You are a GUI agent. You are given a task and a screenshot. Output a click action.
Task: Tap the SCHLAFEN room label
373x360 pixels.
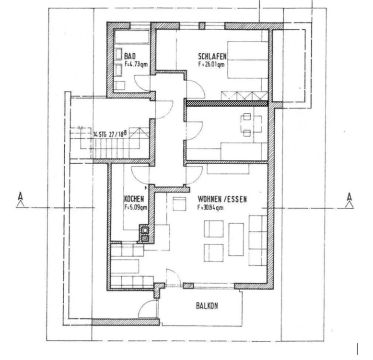[x=212, y=56]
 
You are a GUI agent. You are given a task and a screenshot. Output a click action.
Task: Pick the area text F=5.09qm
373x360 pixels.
[x=136, y=207]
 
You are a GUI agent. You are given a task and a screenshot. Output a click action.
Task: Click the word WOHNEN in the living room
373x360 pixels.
[x=210, y=199]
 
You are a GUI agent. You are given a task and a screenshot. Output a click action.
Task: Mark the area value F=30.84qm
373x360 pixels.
[x=210, y=207]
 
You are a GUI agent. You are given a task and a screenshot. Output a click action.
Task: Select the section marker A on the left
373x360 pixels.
[x=21, y=199]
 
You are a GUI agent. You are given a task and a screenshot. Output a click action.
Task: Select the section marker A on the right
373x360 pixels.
[x=350, y=199]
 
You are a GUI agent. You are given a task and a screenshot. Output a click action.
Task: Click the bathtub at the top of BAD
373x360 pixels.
[x=132, y=37]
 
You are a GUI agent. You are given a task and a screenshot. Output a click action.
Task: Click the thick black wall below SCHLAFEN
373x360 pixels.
[x=226, y=102]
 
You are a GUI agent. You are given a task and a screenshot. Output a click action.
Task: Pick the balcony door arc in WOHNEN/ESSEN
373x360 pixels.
[x=173, y=277]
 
